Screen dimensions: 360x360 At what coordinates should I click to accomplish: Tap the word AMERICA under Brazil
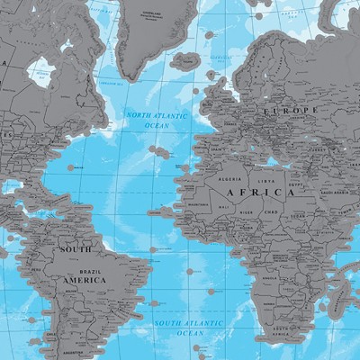click(82, 279)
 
